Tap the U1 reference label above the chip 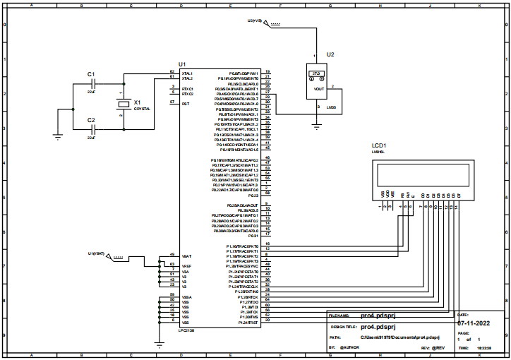183,64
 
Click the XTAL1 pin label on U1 188,73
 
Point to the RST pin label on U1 185,103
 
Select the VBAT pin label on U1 186,256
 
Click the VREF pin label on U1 186,266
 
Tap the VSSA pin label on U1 186,295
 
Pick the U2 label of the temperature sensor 330,55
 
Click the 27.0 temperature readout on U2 316,73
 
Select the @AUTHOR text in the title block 350,348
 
